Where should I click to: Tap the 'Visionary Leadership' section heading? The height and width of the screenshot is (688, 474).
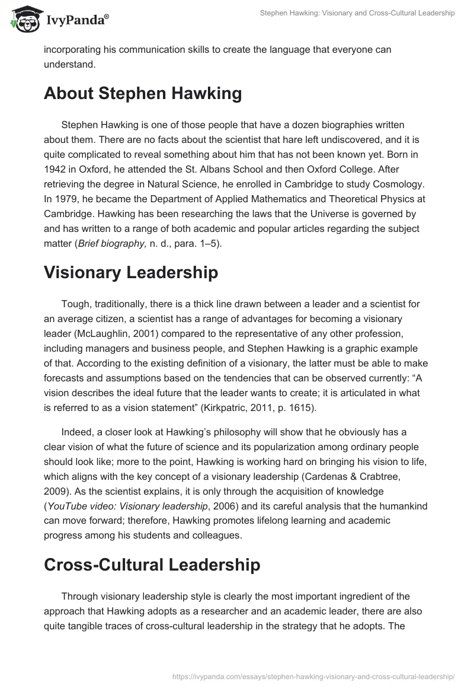pos(131,272)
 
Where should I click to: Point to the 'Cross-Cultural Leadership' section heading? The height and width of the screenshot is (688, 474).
pos(152,564)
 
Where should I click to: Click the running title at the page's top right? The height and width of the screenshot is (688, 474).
pos(357,12)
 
